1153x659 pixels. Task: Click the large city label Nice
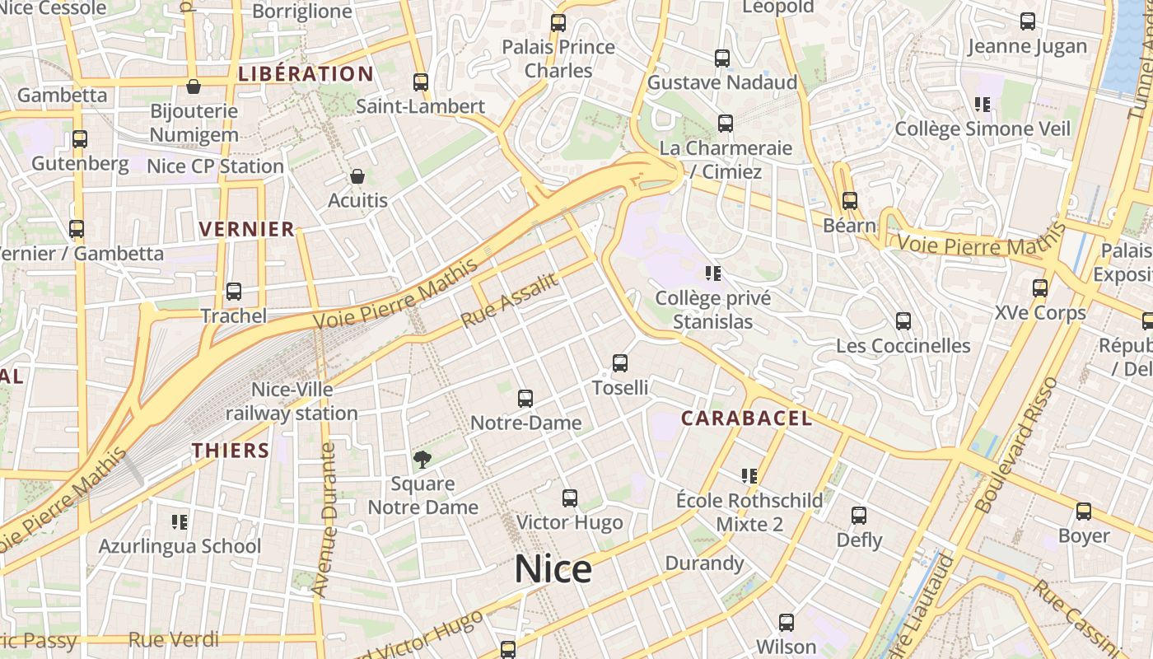553,570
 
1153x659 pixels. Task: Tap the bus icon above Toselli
620,362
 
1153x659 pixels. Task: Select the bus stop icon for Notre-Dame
525,399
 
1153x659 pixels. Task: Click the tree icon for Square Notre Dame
422,460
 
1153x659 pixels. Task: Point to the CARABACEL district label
746,418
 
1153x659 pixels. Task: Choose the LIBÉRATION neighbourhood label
306,74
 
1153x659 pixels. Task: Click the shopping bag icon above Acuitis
357,176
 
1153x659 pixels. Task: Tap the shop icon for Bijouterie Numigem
194,86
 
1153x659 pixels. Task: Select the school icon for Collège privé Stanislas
713,273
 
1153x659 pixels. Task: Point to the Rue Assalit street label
509,301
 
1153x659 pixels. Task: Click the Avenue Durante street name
327,520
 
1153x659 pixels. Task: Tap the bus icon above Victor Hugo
569,498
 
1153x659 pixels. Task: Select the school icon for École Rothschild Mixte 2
749,476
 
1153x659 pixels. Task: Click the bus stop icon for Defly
859,516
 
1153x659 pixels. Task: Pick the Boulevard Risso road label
1016,446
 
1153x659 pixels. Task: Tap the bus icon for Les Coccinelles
903,321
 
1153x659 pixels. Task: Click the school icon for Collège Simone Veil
982,105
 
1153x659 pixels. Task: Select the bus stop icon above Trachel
234,292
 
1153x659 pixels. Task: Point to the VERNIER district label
247,230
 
